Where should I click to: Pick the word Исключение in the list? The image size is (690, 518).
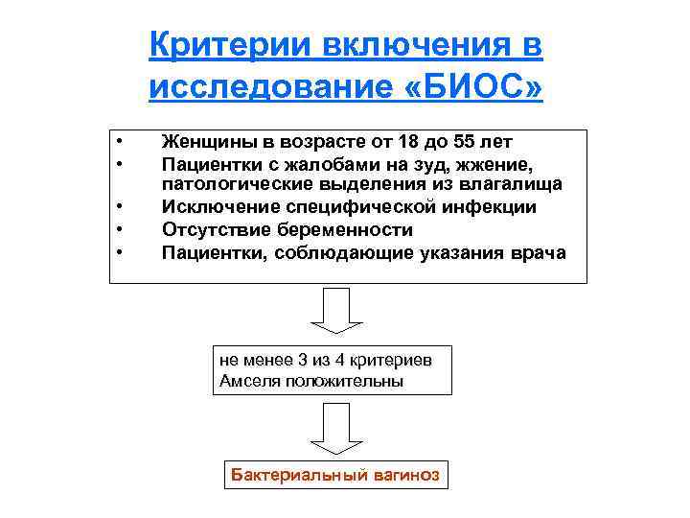pos(216,206)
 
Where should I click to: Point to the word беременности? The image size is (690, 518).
pos(344,230)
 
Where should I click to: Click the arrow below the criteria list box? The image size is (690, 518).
pos(334,311)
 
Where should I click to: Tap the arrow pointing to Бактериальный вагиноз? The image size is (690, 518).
pos(334,429)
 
